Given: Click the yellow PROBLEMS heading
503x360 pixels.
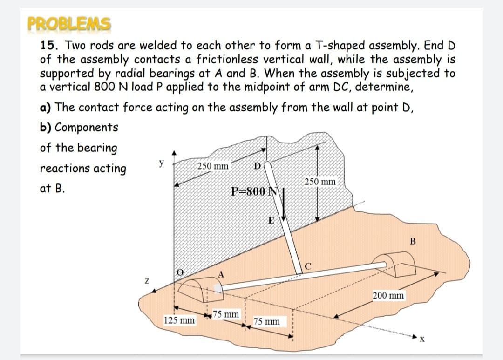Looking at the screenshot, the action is tap(69, 23).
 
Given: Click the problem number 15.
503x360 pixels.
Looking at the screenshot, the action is tap(48, 46).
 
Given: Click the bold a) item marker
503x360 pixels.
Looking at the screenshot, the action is tap(45, 108).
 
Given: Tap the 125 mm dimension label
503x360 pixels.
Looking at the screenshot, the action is tap(179, 320).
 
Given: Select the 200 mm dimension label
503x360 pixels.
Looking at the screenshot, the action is tap(388, 295).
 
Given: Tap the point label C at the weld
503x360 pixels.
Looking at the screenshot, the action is tap(308, 266).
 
